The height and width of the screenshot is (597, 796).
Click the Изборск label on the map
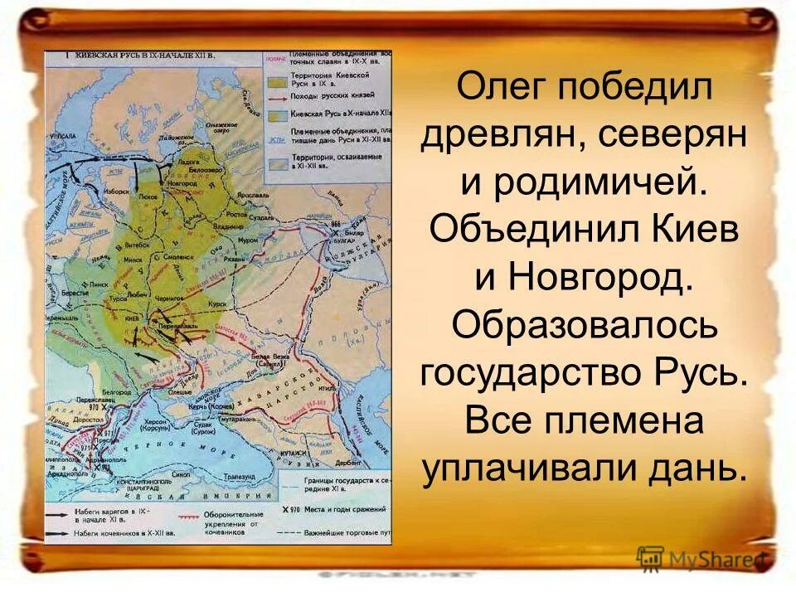pyautogui.click(x=118, y=190)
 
